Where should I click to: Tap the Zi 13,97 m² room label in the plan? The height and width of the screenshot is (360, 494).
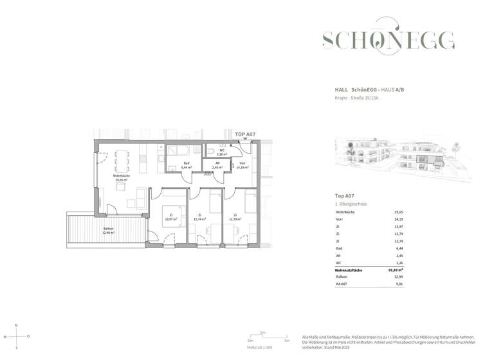click(x=170, y=217)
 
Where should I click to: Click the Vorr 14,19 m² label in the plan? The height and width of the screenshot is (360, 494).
click(x=242, y=166)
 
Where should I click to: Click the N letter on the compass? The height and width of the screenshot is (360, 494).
click(x=16, y=325)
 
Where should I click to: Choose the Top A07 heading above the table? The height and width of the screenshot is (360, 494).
click(x=345, y=195)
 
